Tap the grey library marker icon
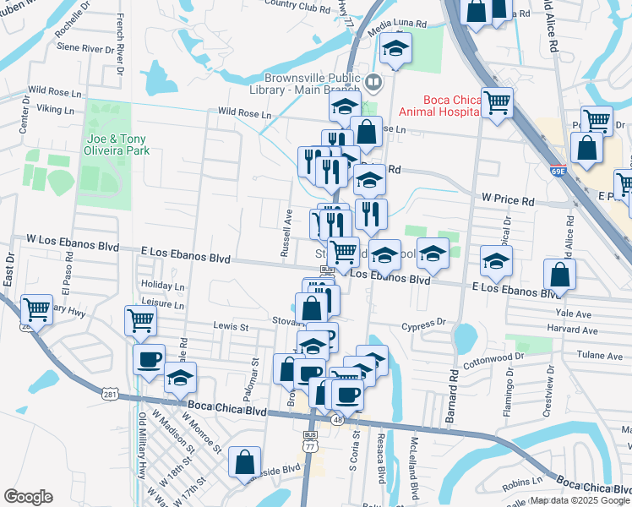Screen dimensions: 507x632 click(373, 82)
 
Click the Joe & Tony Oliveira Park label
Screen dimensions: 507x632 click(117, 145)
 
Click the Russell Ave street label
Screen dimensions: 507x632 click(286, 232)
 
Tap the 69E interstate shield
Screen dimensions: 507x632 click(556, 170)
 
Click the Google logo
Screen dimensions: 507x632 click(29, 496)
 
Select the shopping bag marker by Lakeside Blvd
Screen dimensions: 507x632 click(244, 462)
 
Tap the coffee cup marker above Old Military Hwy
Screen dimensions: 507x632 click(149, 358)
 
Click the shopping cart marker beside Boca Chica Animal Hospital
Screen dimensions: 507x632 click(498, 102)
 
